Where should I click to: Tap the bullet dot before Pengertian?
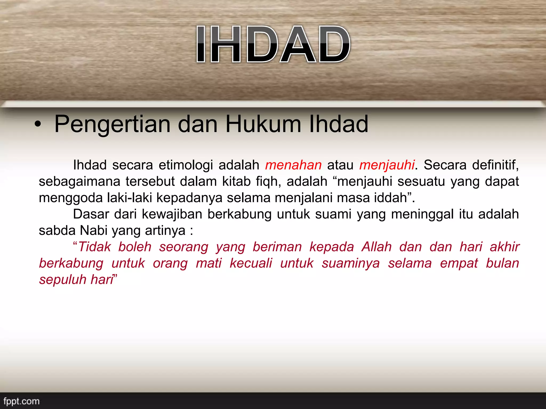(38, 125)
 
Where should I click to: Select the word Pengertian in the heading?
(112, 124)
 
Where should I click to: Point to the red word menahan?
(293, 165)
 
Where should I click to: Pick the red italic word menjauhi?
(387, 165)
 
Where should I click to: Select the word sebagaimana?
(79, 182)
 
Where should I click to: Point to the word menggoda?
(71, 198)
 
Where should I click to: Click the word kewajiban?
(172, 214)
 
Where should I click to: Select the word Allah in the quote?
(376, 247)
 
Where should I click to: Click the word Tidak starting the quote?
(95, 247)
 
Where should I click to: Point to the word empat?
(459, 263)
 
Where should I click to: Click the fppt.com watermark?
(21, 401)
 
